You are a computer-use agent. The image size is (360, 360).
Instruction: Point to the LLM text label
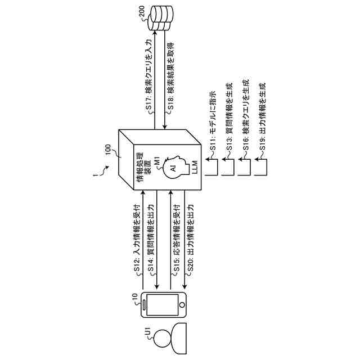[195, 168]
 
